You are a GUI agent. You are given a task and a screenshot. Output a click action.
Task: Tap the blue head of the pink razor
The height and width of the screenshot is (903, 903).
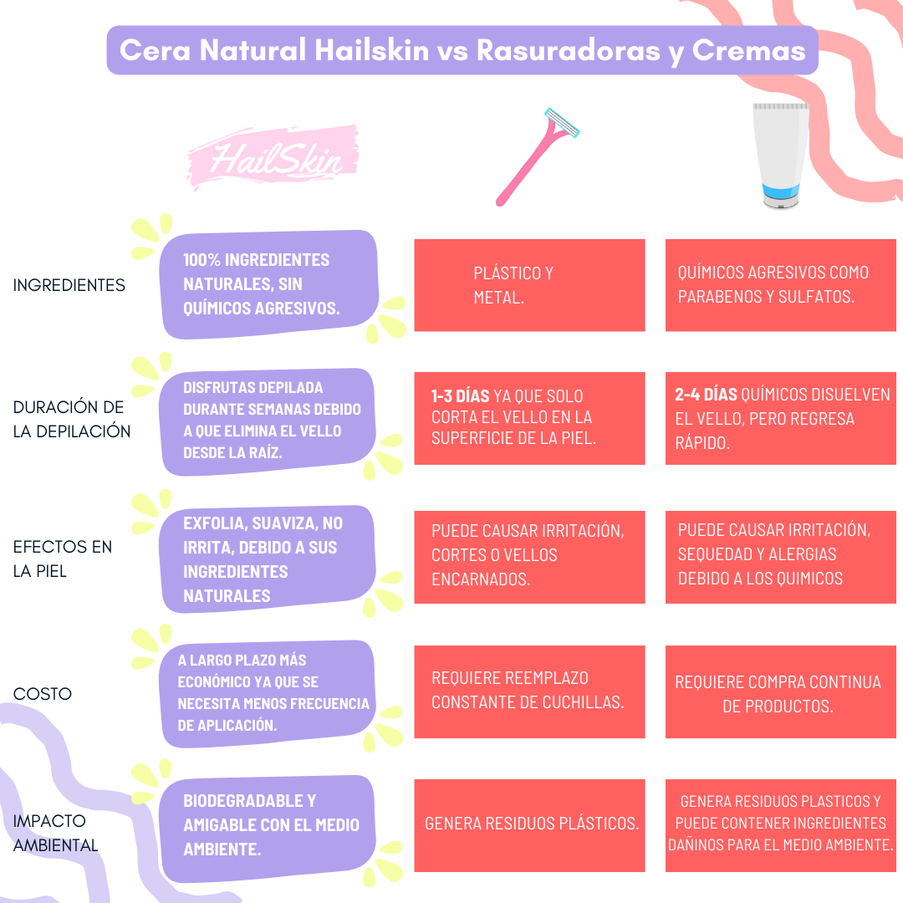click(x=562, y=123)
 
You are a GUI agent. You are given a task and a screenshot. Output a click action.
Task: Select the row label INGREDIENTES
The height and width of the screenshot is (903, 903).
click(x=69, y=285)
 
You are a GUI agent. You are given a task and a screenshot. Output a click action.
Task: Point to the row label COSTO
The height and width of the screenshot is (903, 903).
click(x=43, y=694)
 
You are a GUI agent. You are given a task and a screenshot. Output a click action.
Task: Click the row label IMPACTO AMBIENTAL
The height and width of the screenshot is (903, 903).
click(x=55, y=833)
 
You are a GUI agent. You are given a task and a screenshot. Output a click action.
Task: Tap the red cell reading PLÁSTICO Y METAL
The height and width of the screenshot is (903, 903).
click(x=529, y=285)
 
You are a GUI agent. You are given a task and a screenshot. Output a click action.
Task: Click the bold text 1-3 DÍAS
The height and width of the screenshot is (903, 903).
click(x=461, y=395)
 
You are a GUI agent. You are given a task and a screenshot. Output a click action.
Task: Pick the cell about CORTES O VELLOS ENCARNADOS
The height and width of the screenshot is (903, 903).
click(x=529, y=555)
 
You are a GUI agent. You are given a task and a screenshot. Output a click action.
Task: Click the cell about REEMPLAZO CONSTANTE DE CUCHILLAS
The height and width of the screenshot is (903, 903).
click(x=529, y=691)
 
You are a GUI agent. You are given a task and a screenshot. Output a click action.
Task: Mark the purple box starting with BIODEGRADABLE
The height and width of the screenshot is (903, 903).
click(x=268, y=825)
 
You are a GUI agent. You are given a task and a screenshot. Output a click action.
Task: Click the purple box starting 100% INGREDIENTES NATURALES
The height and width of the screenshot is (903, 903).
click(x=268, y=284)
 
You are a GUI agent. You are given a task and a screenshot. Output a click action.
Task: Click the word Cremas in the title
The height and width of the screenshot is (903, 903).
click(x=749, y=50)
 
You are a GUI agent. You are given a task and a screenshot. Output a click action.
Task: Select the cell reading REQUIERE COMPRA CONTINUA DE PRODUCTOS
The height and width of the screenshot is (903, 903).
click(x=778, y=693)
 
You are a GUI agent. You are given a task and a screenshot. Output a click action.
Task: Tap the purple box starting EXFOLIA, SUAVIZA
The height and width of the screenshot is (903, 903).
click(x=268, y=559)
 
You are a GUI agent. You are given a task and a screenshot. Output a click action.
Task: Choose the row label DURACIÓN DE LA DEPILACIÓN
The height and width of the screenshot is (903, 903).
click(x=72, y=420)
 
